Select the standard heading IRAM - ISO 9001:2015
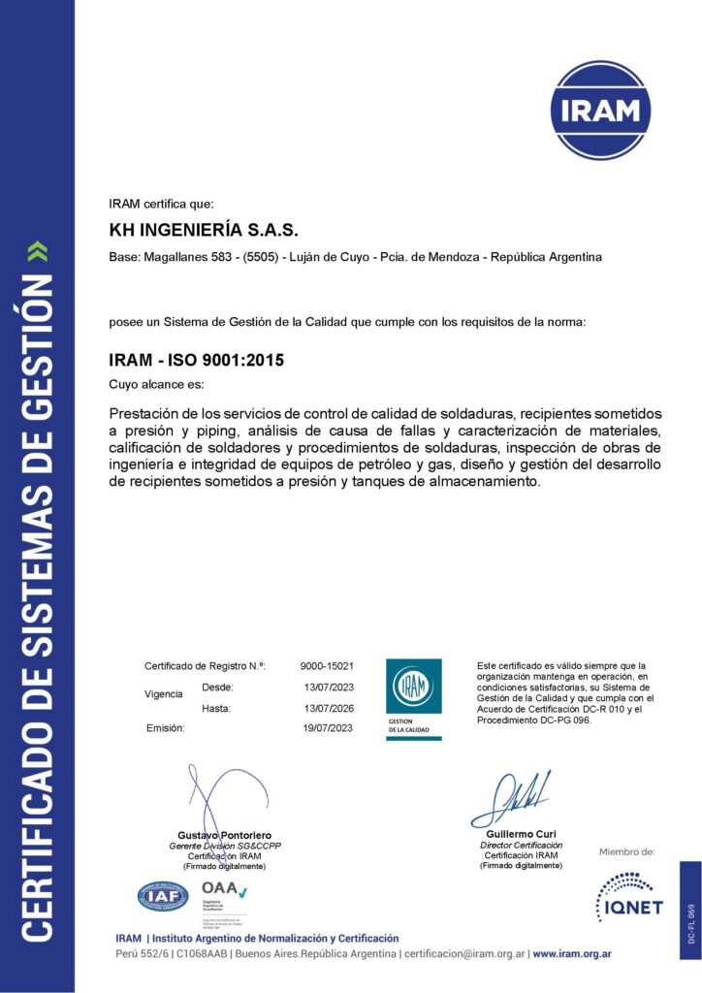click(x=198, y=360)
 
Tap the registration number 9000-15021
click(x=327, y=666)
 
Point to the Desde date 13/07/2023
click(x=329, y=687)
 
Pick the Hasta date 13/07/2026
click(x=329, y=708)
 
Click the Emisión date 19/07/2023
click(x=329, y=727)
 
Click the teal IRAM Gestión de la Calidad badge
click(x=414, y=698)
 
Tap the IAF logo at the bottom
click(x=164, y=897)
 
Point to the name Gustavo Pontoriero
click(x=224, y=835)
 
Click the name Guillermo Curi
click(x=520, y=834)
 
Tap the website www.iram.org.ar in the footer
click(x=571, y=954)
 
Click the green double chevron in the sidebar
click(x=37, y=254)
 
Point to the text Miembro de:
click(x=626, y=851)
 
